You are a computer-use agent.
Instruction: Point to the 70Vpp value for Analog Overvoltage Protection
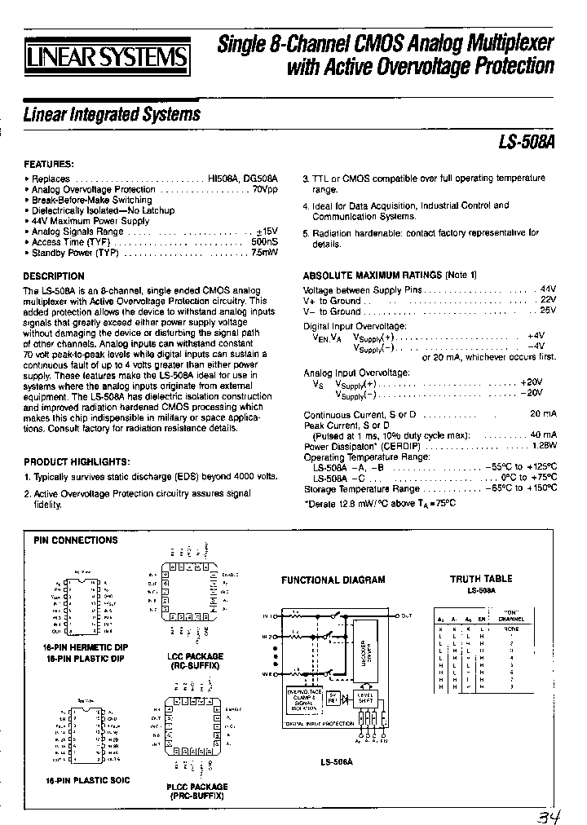coord(265,189)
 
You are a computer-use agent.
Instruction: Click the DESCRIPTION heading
coord(54,276)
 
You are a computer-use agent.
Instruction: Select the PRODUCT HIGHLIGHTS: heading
coord(77,461)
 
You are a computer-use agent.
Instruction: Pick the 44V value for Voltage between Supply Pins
coord(547,289)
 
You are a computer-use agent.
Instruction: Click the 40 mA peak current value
coord(543,435)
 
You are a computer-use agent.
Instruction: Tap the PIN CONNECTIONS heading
coord(75,540)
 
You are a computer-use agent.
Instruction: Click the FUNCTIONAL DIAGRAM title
coord(333,580)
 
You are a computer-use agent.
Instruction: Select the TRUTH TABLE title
coord(482,579)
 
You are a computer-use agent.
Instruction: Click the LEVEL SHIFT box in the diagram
coord(365,698)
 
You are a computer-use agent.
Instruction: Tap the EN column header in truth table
coord(481,620)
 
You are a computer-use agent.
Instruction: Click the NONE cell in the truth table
coord(511,629)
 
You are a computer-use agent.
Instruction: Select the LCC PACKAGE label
coord(196,656)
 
